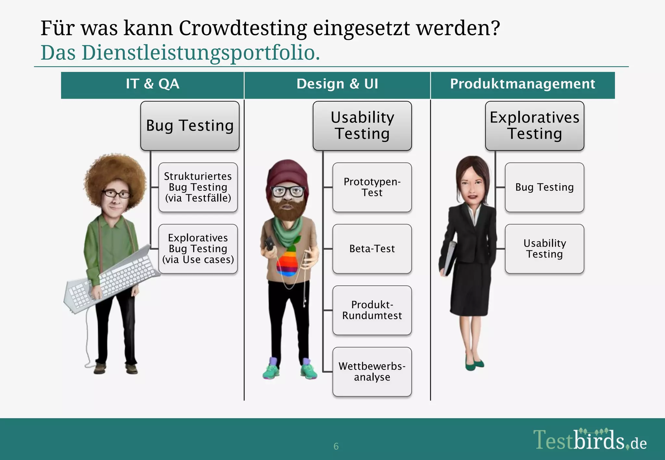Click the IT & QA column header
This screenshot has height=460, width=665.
click(x=152, y=84)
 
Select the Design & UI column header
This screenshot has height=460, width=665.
click(x=337, y=84)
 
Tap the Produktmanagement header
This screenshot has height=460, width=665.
click(x=522, y=84)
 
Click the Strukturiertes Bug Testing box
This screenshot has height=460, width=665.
click(x=198, y=187)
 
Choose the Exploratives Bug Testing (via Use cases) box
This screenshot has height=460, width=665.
click(x=198, y=249)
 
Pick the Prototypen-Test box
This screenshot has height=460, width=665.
click(x=372, y=187)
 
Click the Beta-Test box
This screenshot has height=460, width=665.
click(x=372, y=249)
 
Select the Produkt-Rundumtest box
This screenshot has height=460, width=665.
click(x=372, y=310)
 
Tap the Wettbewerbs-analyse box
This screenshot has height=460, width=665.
click(x=372, y=372)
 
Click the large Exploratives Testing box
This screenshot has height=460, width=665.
click(x=534, y=126)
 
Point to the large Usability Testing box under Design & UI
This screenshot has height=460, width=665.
click(x=362, y=126)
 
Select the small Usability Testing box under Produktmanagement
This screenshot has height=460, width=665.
click(x=545, y=249)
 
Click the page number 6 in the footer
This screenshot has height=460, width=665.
click(x=336, y=446)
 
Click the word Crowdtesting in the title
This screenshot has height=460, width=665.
click(x=243, y=28)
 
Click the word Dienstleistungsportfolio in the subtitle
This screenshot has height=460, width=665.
click(x=198, y=53)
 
